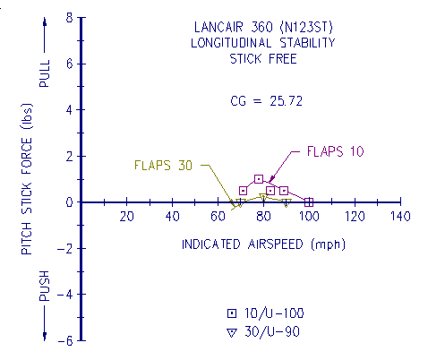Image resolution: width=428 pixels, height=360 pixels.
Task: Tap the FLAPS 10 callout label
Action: point(336,150)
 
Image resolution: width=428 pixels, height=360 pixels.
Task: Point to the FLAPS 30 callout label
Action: point(163,165)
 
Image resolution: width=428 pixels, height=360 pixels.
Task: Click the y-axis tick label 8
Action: point(68,18)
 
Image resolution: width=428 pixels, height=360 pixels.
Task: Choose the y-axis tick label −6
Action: point(64,340)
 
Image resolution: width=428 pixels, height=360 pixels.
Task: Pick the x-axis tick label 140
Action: point(399,219)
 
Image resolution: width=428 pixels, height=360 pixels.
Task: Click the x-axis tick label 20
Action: point(126,219)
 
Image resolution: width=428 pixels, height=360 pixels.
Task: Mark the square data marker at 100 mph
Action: point(309,202)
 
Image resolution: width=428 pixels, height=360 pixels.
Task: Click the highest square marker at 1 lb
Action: point(259,179)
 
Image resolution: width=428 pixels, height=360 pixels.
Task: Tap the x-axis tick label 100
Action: point(308,219)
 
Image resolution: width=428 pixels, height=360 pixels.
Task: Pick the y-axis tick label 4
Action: point(68,110)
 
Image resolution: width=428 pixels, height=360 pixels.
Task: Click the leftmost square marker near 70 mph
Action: point(243,191)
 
